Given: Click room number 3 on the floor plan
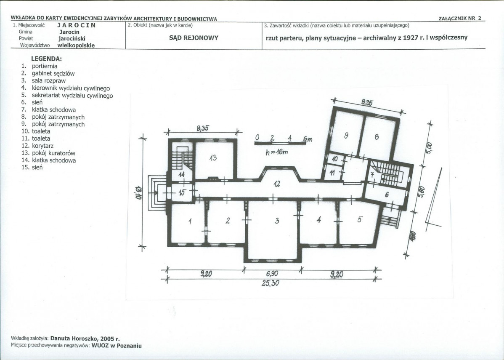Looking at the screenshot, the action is click(277, 221).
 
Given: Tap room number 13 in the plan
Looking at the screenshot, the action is click(213, 157).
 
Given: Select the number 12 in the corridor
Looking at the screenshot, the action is click(277, 184).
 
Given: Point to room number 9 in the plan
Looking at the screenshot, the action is click(346, 136).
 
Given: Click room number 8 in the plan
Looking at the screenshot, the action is click(377, 137).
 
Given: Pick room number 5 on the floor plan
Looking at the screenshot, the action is click(360, 219).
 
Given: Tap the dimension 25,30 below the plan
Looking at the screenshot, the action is click(271, 283).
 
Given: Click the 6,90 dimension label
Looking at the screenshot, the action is click(272, 274).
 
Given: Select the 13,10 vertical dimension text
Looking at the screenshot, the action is click(138, 192).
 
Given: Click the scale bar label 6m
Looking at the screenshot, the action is click(308, 139).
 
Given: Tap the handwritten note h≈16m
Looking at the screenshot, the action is click(277, 152).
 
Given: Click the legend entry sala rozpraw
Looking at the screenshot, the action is click(48, 81).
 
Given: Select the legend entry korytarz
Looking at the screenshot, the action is click(43, 146).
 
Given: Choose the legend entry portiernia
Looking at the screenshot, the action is click(45, 66).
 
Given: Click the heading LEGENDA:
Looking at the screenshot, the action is click(46, 59).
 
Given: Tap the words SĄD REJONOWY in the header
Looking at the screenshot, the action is click(194, 38).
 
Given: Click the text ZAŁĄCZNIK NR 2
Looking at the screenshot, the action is click(460, 19).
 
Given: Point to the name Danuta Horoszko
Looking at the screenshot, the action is click(74, 339).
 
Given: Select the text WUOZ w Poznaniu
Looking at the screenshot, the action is click(117, 346).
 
